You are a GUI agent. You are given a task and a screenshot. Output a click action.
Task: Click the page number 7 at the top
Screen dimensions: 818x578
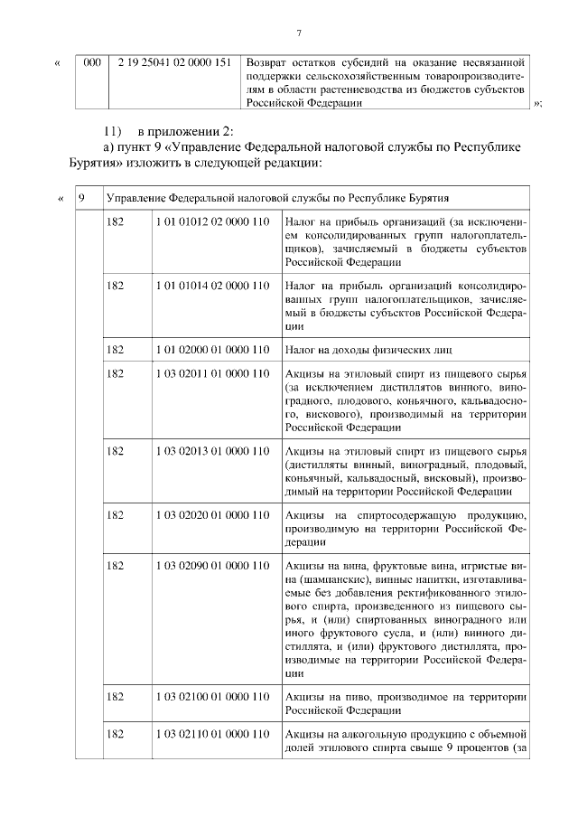(x=297, y=33)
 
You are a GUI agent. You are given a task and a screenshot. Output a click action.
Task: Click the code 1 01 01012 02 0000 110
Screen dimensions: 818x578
(x=213, y=221)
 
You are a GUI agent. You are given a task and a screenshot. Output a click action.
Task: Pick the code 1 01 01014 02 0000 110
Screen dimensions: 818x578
(x=213, y=286)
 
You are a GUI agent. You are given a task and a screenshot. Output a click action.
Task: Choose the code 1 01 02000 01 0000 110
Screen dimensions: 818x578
(x=213, y=348)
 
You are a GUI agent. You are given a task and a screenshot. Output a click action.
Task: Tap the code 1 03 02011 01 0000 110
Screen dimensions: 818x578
(x=213, y=373)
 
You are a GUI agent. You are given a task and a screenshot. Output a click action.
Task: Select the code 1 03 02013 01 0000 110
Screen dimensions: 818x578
(x=213, y=450)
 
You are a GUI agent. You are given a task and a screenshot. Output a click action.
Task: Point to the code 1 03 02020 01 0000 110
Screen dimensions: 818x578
(x=213, y=514)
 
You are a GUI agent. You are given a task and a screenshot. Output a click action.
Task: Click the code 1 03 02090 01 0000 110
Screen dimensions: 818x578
(x=213, y=566)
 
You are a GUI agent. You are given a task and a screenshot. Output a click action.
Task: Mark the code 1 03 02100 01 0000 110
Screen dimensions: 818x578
(x=213, y=697)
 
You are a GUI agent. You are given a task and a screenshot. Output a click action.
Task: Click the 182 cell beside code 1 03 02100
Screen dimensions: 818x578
(x=115, y=697)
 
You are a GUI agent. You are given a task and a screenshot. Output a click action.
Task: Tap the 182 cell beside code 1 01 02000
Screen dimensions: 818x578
(x=115, y=348)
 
